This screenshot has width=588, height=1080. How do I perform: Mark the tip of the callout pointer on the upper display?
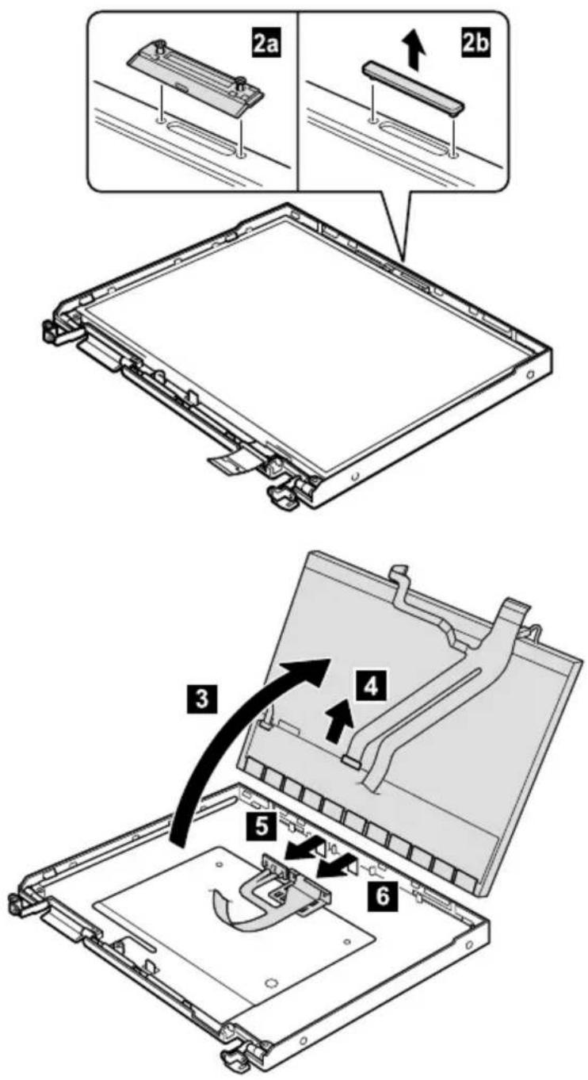pyautogui.click(x=404, y=259)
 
